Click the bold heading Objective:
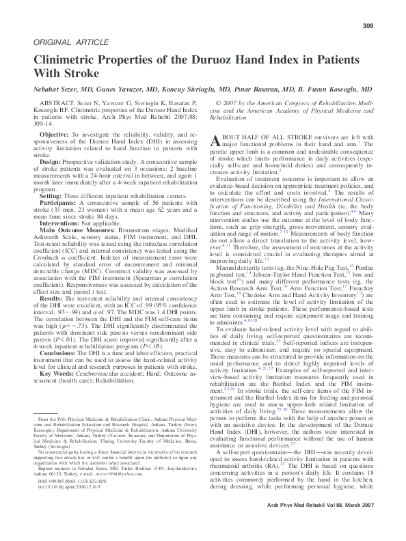[55, 135]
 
